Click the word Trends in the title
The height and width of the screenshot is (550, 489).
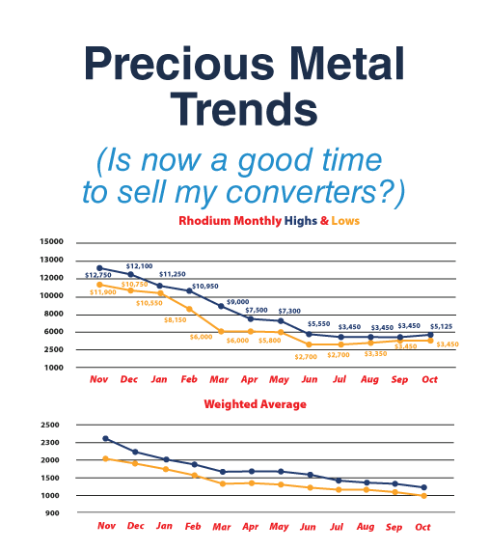click(x=244, y=109)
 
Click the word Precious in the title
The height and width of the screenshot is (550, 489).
click(x=179, y=64)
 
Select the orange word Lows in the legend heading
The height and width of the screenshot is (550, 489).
click(x=345, y=221)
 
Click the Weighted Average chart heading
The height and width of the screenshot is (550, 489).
click(x=256, y=404)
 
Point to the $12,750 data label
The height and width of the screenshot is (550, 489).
click(x=98, y=275)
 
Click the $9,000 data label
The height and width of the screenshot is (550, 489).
click(x=237, y=302)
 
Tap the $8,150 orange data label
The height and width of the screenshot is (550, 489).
click(x=175, y=320)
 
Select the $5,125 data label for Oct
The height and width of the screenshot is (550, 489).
click(x=442, y=326)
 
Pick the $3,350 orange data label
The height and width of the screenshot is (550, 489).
click(x=375, y=353)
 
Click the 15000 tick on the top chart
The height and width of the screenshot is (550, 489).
click(x=51, y=241)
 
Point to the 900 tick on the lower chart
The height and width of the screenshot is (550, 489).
click(x=52, y=513)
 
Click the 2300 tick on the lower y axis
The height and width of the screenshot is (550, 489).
click(x=50, y=442)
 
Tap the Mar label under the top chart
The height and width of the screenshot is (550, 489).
click(x=219, y=379)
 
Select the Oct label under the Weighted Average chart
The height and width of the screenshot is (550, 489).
click(x=422, y=527)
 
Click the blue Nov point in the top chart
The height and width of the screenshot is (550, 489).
click(x=99, y=268)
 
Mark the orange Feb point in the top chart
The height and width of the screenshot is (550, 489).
click(x=189, y=309)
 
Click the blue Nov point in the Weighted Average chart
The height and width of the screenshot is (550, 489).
click(x=105, y=438)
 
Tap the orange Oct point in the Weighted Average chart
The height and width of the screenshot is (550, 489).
click(x=423, y=496)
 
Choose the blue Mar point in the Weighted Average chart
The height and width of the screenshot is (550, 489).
click(x=223, y=472)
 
